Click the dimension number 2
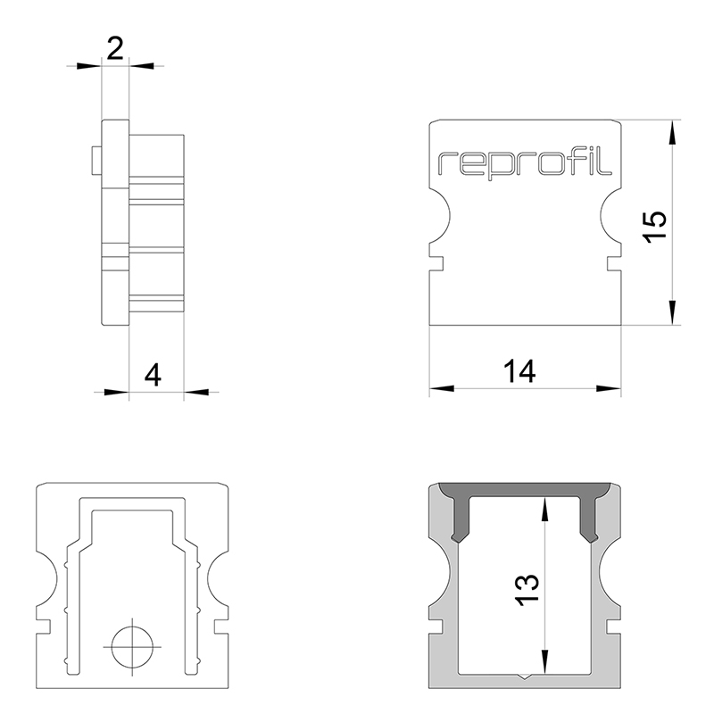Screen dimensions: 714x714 coord(115,49)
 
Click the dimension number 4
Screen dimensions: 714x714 coord(153,374)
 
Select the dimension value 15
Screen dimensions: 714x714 coord(654,224)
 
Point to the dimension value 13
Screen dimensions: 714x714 coord(527,589)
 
